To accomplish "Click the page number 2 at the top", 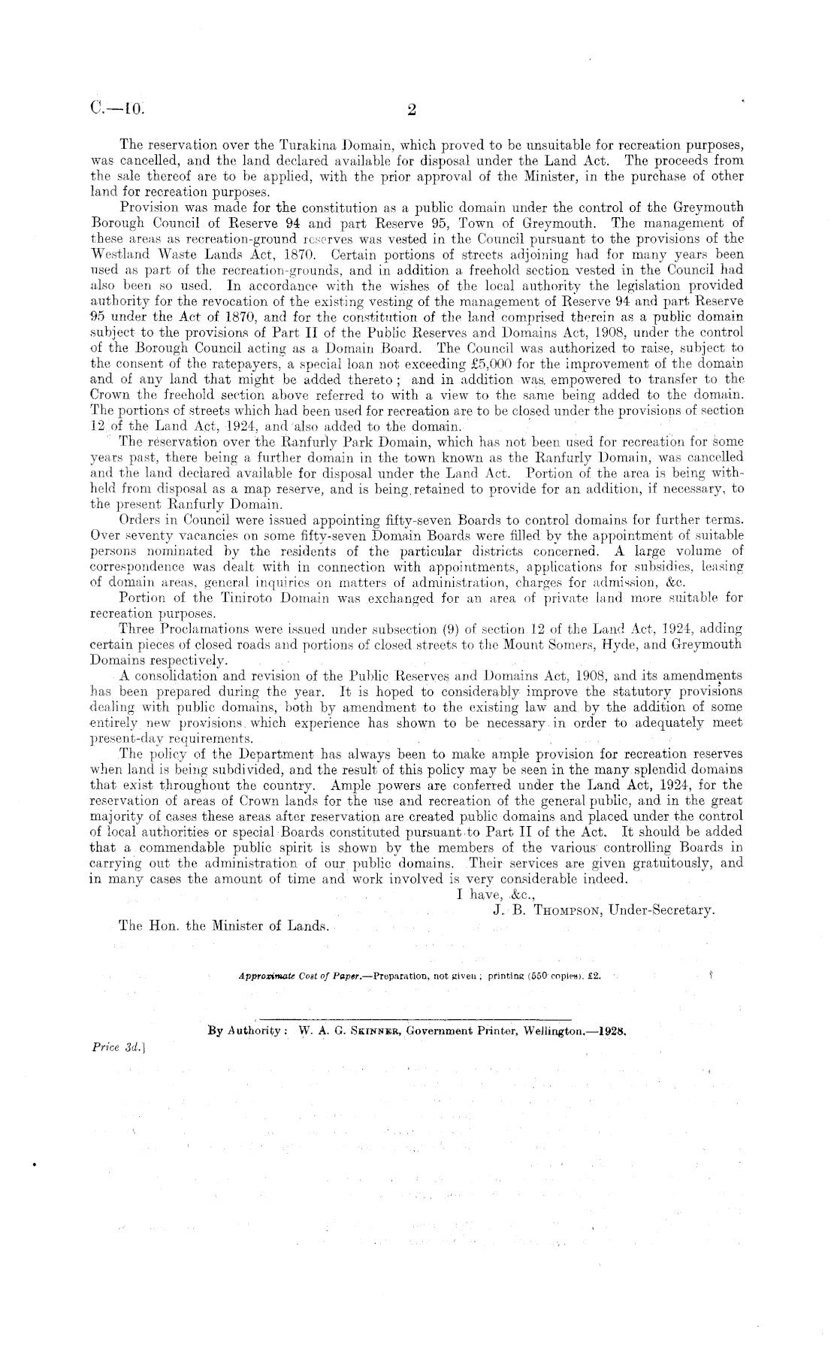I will (411, 110).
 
